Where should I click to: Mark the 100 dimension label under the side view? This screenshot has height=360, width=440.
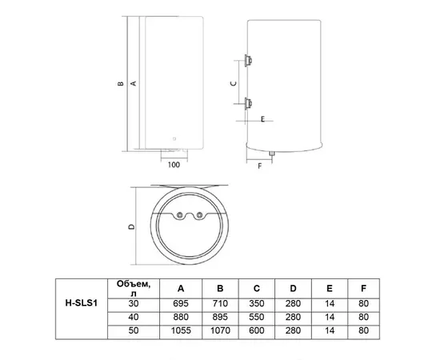174,166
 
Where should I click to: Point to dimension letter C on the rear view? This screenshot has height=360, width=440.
232,82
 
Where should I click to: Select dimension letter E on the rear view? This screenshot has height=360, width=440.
262,119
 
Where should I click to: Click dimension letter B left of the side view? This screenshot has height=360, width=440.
119,83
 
